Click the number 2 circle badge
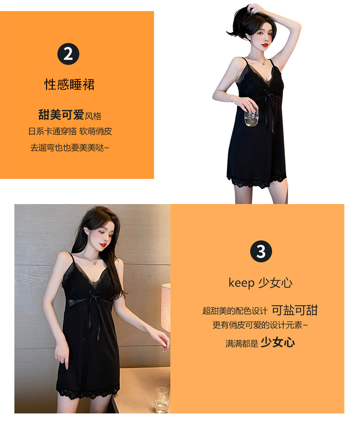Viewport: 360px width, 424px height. (68, 54)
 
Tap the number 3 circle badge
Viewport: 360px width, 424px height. (261, 252)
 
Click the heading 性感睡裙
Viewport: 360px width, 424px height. (70, 85)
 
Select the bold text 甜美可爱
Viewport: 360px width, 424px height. (61, 115)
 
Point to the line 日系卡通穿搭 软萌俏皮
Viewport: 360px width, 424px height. (70, 131)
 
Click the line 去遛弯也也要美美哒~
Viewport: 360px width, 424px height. (70, 147)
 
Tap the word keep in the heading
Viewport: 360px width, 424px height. (241, 283)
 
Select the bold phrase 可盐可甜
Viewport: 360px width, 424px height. (294, 310)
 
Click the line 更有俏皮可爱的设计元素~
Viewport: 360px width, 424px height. (260, 325)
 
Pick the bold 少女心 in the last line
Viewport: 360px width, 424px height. (277, 342)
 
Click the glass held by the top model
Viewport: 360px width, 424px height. (252, 117)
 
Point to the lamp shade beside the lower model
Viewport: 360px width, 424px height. (166, 307)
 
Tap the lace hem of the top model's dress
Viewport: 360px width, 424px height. (256, 182)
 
